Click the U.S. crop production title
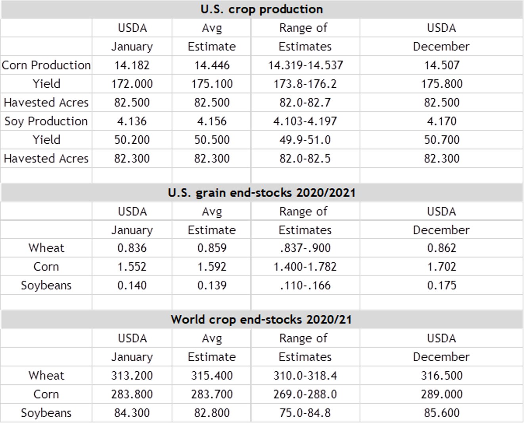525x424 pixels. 261,9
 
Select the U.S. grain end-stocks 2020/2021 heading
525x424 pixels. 261,193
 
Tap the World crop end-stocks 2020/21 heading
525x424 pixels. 261,320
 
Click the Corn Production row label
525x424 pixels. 46,65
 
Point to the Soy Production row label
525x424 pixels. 46,121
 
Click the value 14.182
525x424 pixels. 132,65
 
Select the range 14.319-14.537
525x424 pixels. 305,65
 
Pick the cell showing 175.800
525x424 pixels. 441,84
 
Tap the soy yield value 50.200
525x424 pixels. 132,140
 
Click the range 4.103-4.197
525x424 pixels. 305,121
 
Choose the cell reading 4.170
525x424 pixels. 441,121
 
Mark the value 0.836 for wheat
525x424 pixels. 132,248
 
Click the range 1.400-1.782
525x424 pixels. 305,267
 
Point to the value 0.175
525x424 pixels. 441,285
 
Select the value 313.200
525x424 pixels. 132,376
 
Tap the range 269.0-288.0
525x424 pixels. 305,394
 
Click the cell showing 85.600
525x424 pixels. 441,413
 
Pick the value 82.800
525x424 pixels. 212,413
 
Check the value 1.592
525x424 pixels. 212,267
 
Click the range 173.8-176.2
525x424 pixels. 305,84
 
